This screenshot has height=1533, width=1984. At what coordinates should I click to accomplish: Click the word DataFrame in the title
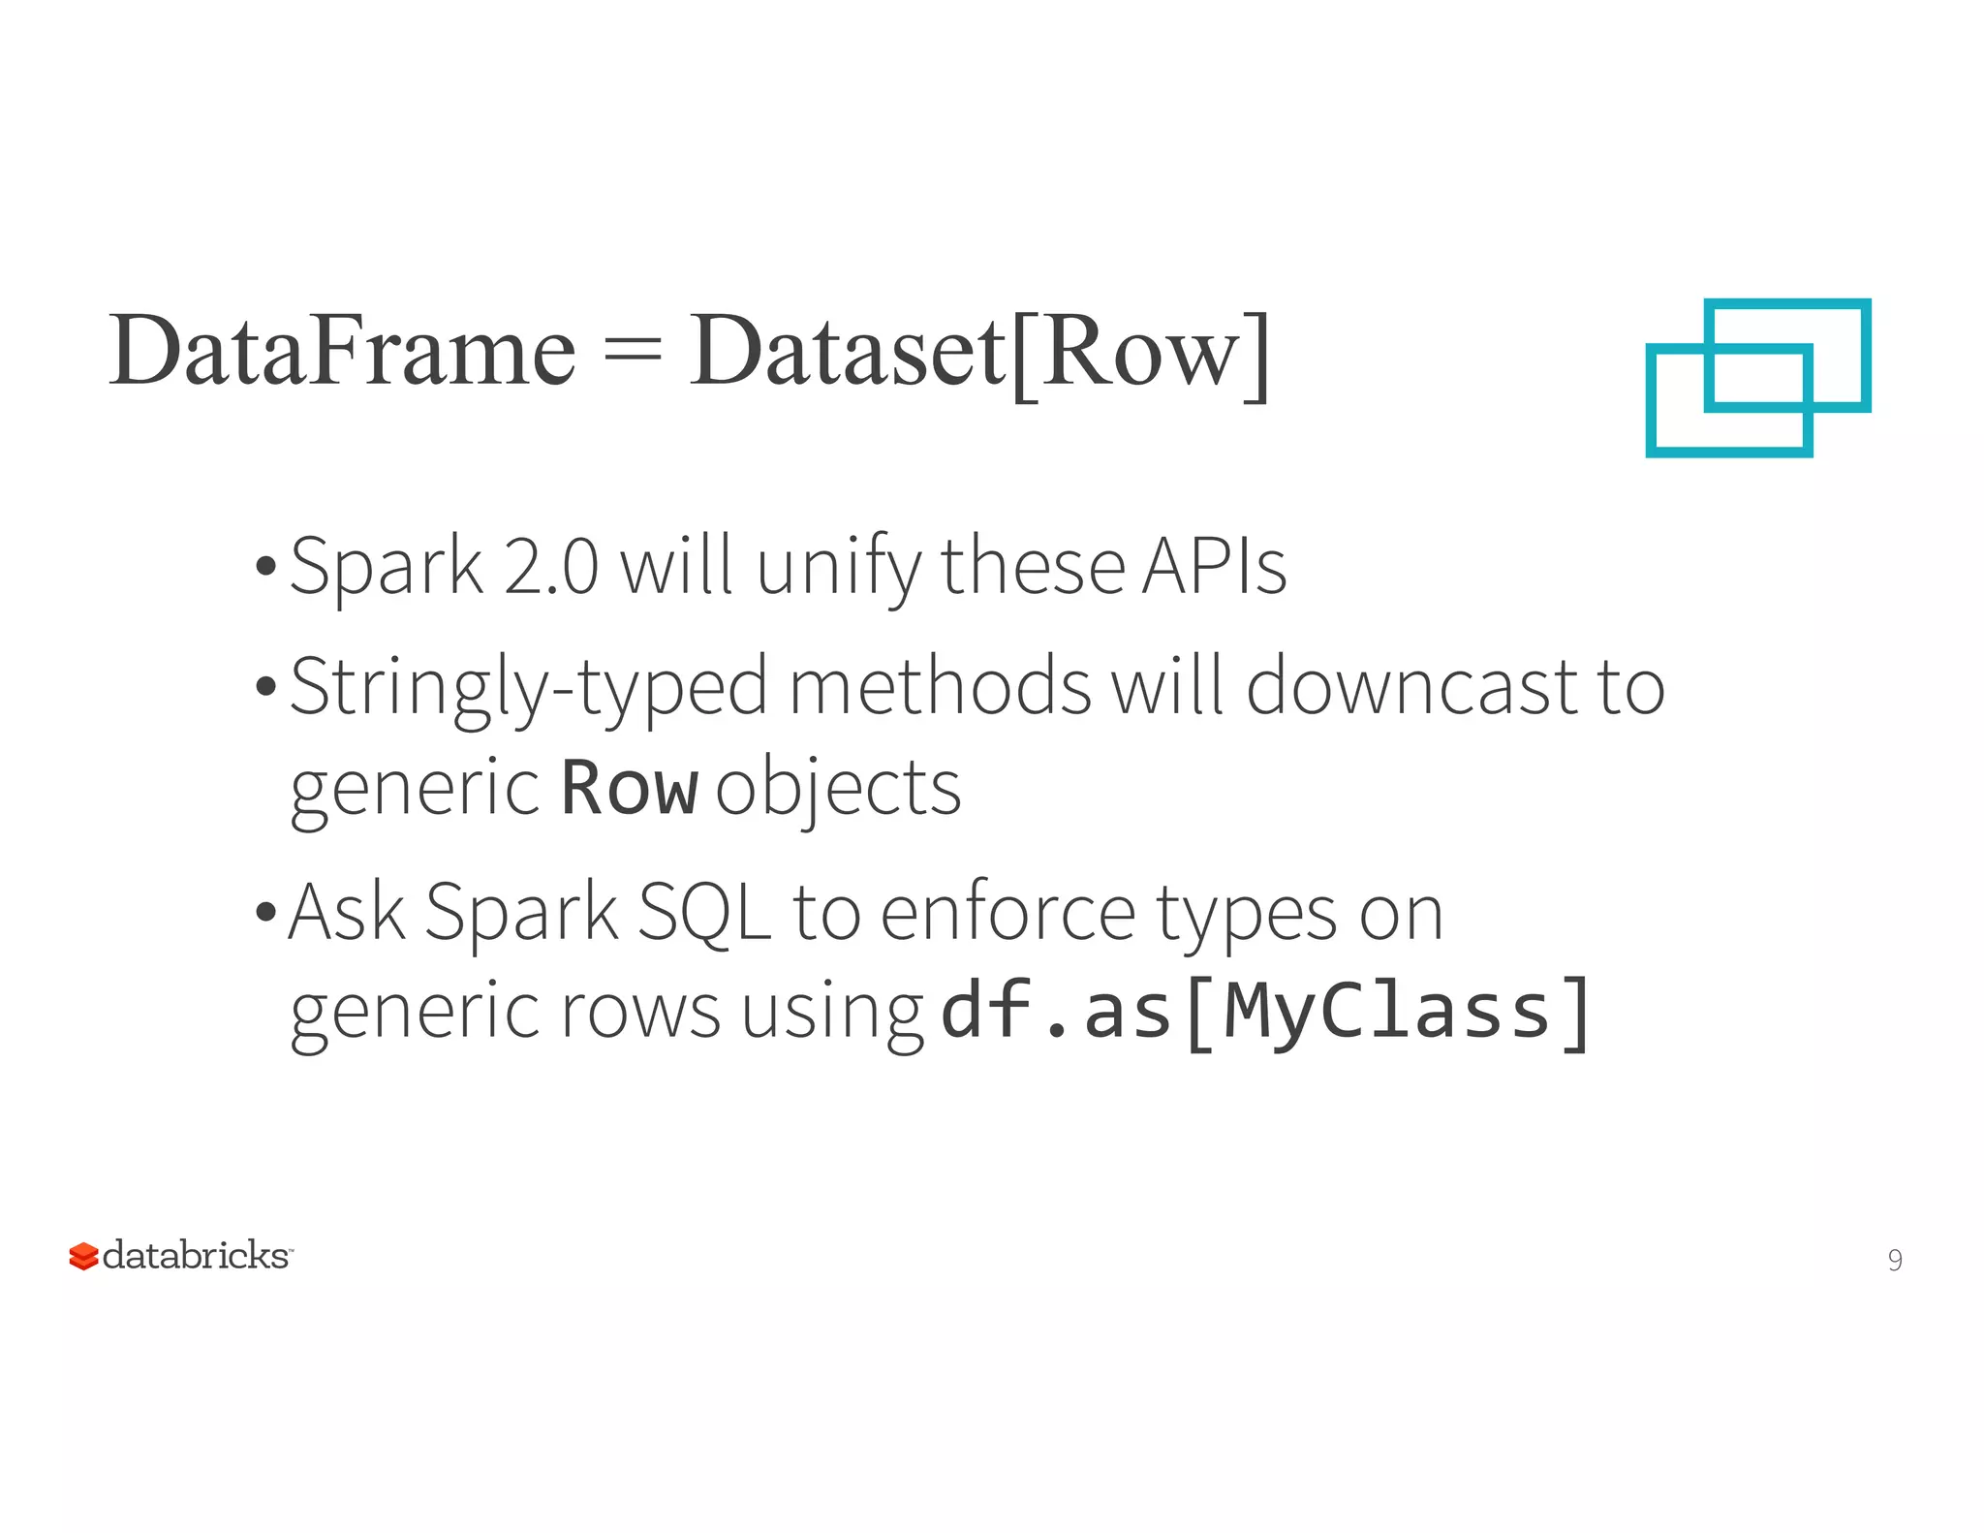[x=342, y=351]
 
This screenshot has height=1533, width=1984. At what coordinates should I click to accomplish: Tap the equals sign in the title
[x=632, y=351]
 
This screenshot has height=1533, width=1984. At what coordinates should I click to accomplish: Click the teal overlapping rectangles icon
[x=1757, y=377]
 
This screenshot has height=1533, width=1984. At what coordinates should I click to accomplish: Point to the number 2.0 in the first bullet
[x=550, y=567]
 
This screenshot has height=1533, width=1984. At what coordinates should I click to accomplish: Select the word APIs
[x=1214, y=567]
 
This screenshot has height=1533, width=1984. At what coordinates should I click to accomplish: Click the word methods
[x=941, y=687]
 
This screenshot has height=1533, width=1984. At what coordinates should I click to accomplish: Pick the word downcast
[x=1412, y=687]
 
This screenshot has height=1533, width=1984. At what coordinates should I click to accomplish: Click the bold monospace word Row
[x=629, y=788]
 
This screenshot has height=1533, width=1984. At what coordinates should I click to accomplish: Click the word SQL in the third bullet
[x=704, y=913]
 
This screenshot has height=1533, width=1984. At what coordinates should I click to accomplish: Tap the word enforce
[x=1008, y=913]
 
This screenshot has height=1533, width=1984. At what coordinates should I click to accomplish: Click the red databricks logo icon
[x=83, y=1256]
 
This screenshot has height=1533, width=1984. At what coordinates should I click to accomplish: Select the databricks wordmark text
[x=196, y=1255]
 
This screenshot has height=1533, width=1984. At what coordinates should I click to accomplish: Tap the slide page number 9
[x=1894, y=1260]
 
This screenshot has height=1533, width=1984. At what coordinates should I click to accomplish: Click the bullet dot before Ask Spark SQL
[x=265, y=913]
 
